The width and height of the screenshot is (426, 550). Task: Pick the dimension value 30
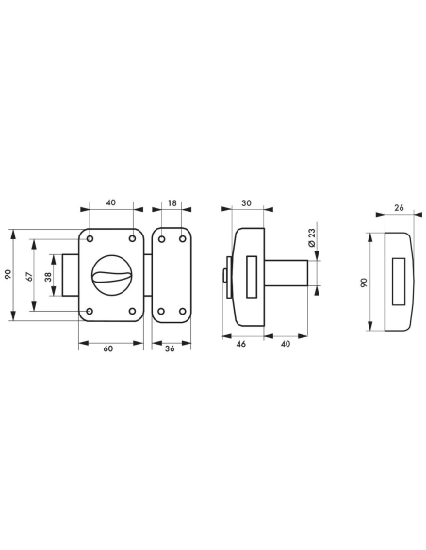247,202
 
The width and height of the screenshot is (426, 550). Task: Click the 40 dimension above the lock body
110,202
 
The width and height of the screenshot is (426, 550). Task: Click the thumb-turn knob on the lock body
112,275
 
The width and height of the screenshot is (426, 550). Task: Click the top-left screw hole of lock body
90,238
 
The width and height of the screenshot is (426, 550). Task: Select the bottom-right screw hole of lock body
132,311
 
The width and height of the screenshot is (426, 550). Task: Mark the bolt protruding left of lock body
72,274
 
